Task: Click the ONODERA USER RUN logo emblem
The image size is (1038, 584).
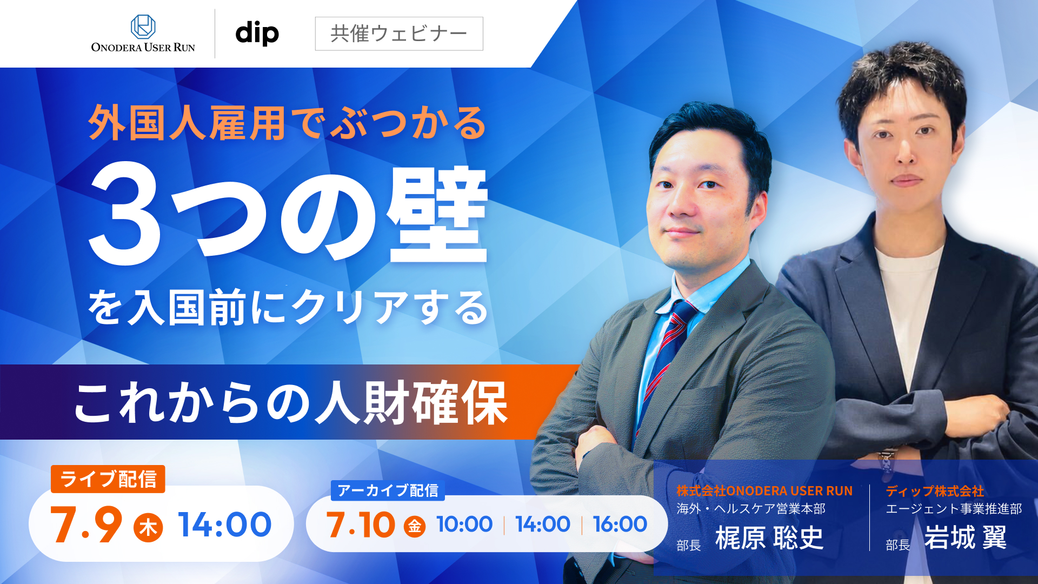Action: [x=143, y=26]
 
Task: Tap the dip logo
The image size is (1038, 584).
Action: [x=257, y=34]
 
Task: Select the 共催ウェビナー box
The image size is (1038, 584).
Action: [x=399, y=34]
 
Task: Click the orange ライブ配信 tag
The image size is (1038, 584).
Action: [x=108, y=479]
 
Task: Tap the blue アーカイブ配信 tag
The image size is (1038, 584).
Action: [x=388, y=490]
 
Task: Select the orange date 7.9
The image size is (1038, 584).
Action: [x=86, y=525]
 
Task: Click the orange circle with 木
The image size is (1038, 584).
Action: [x=148, y=528]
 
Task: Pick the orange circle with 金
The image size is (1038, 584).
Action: [x=415, y=526]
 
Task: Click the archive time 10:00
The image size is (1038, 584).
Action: [x=464, y=524]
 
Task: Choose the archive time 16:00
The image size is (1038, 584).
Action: [x=620, y=524]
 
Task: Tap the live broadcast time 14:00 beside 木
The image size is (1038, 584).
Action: [x=225, y=525]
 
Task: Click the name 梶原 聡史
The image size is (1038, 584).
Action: [x=769, y=537]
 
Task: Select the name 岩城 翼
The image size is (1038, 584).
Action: [x=966, y=537]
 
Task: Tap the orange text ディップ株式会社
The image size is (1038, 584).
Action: [x=935, y=491]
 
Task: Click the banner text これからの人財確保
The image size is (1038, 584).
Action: [x=291, y=403]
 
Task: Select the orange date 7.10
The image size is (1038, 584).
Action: [x=360, y=525]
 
